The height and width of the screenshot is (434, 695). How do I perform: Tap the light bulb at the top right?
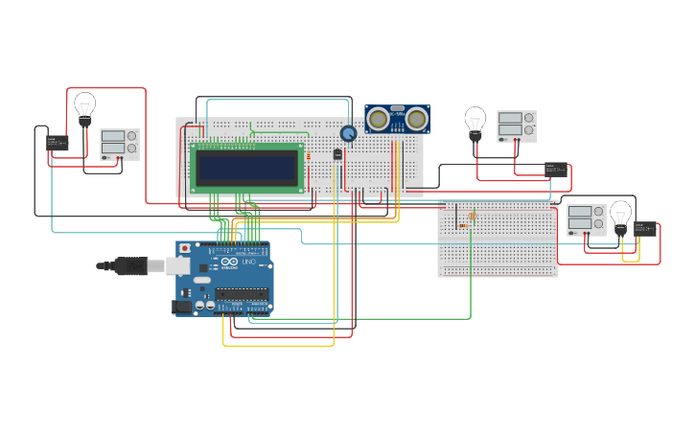point(475,121)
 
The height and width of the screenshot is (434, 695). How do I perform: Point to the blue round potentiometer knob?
point(348,134)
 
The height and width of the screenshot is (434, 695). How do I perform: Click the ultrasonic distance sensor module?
point(397,119)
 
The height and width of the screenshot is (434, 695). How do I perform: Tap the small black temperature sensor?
point(337,154)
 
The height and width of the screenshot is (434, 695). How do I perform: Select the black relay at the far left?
point(58,143)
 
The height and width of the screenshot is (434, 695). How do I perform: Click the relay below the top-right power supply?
point(556,170)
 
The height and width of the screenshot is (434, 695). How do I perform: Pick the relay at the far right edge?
point(645,229)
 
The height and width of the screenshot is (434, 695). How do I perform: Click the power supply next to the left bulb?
point(119,145)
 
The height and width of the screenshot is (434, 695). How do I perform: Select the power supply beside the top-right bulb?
point(516,126)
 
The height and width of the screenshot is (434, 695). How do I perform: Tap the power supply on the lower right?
point(586,219)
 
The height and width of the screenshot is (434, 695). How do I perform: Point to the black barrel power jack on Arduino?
point(181,307)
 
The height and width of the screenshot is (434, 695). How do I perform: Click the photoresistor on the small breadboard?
point(473,217)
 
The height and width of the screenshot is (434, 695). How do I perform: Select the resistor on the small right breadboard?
point(463,226)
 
